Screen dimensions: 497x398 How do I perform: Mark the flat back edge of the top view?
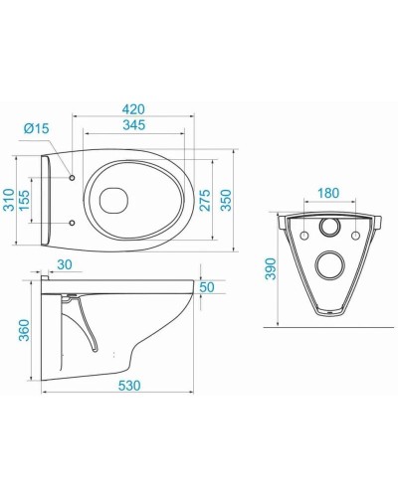[46, 202]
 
